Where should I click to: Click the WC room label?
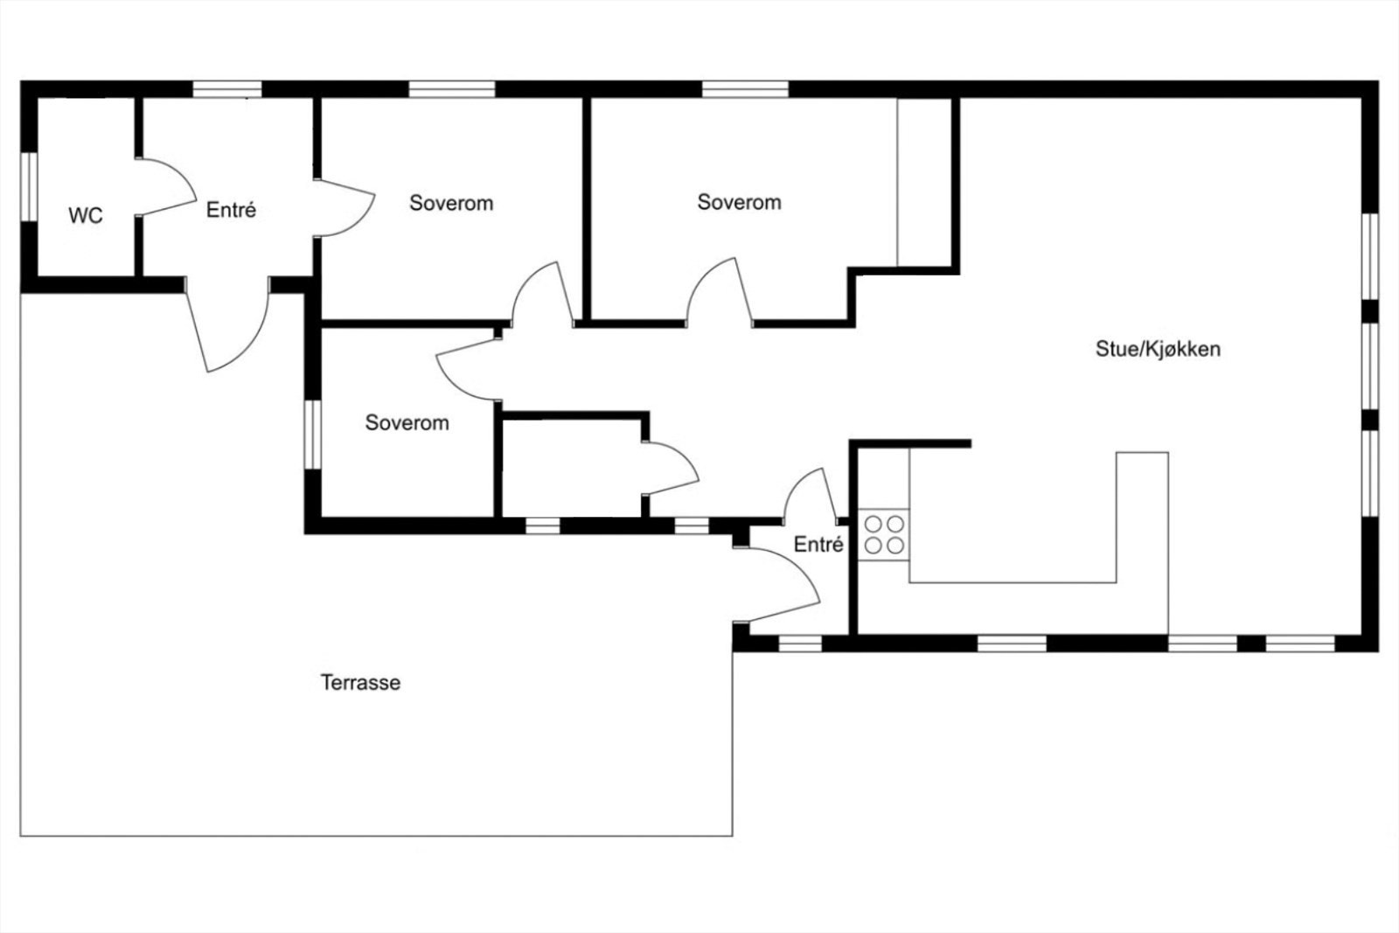86,216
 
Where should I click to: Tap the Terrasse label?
360,683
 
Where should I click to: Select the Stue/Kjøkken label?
1158,349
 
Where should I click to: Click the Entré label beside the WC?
231,210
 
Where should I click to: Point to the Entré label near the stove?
818,545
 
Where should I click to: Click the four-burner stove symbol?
884,534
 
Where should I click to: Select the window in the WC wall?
29,186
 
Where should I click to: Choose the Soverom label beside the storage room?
407,423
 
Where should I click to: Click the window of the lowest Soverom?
312,435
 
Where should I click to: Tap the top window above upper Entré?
226,89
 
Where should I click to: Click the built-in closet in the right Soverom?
924,182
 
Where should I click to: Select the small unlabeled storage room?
572,469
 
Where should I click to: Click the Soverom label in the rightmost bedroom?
739,202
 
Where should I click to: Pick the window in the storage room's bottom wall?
543,526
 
